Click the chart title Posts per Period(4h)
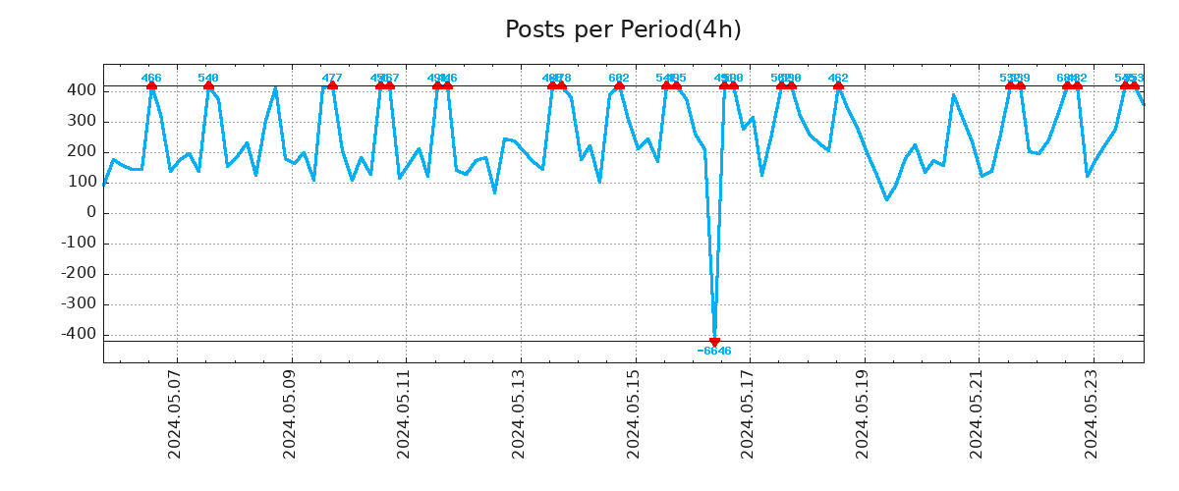623,30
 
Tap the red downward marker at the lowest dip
714,342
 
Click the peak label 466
151,78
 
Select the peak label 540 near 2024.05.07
208,78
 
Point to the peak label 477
332,78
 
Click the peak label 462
838,78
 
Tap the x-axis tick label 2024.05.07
176,413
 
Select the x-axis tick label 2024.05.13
520,413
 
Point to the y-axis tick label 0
91,213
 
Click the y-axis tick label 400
83,90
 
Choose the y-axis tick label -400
80,335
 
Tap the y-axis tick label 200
83,152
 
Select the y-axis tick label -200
80,274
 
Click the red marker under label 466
151,85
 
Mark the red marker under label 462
838,85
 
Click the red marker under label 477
332,85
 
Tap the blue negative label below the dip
714,352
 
